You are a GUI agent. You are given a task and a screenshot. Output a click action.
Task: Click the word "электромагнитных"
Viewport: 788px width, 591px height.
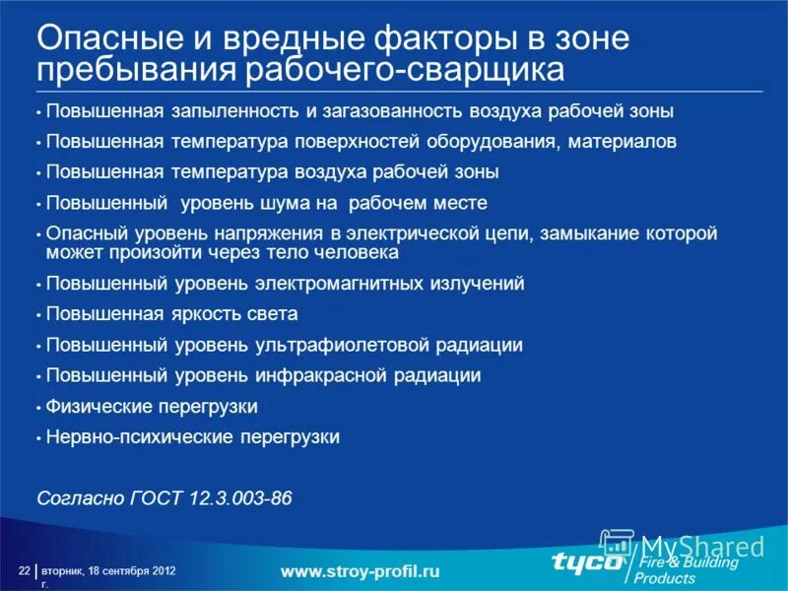pos(340,284)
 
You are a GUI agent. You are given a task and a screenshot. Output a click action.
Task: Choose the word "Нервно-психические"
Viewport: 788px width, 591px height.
pos(133,436)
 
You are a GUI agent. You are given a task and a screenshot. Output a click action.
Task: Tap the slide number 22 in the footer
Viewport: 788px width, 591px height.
pos(24,571)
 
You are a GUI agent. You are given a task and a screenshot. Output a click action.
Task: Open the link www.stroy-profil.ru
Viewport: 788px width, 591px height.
pos(360,571)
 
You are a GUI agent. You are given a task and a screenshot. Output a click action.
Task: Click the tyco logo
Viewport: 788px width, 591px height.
pos(587,562)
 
